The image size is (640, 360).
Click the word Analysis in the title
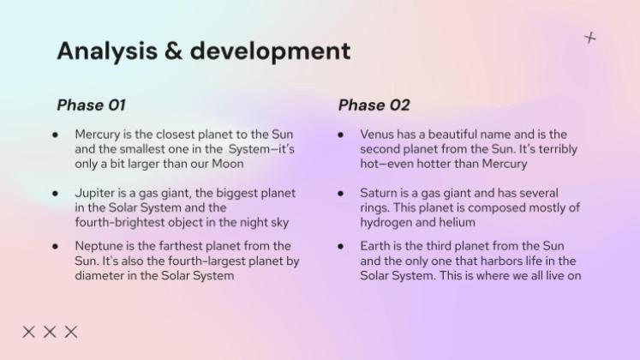click(x=105, y=51)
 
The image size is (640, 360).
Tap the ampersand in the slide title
click(x=172, y=51)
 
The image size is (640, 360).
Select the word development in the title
click(x=270, y=51)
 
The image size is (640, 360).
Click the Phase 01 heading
click(x=91, y=105)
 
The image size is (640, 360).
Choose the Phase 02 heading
click(x=374, y=105)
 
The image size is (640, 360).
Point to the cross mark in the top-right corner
click(x=590, y=38)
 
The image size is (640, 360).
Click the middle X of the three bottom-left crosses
click(x=50, y=332)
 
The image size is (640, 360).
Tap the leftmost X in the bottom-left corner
click(x=29, y=332)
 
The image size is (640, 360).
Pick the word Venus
click(x=378, y=135)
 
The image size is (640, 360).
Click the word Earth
click(x=376, y=246)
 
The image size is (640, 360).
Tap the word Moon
click(x=226, y=164)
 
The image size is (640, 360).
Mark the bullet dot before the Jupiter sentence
click(x=56, y=195)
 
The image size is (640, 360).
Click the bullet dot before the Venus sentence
click(x=341, y=135)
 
